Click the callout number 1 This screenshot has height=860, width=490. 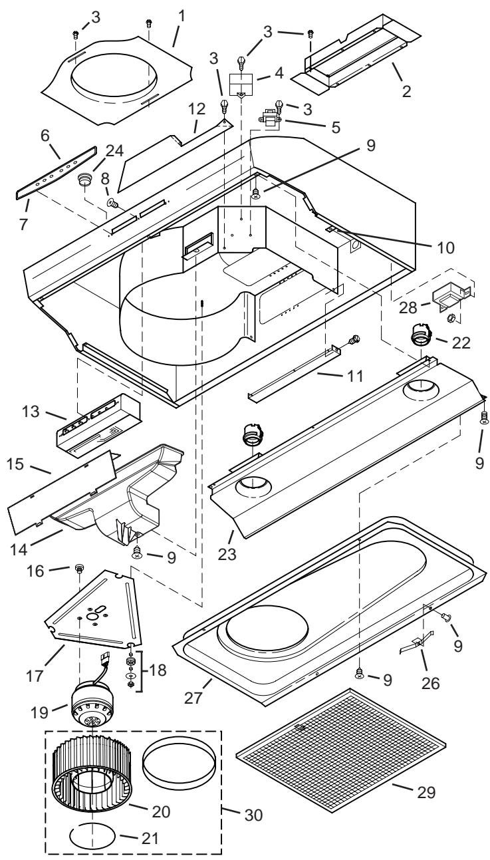click(x=182, y=17)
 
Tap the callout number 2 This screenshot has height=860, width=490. click(x=406, y=91)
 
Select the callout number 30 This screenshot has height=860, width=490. click(x=253, y=815)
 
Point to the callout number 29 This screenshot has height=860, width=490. click(x=426, y=791)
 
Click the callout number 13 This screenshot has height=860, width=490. click(x=31, y=412)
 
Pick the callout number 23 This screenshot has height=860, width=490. click(x=227, y=555)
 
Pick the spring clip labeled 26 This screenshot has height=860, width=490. click(x=417, y=645)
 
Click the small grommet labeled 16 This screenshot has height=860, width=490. click(x=79, y=567)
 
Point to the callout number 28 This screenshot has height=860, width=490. click(x=408, y=307)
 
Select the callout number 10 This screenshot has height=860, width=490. click(x=445, y=247)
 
